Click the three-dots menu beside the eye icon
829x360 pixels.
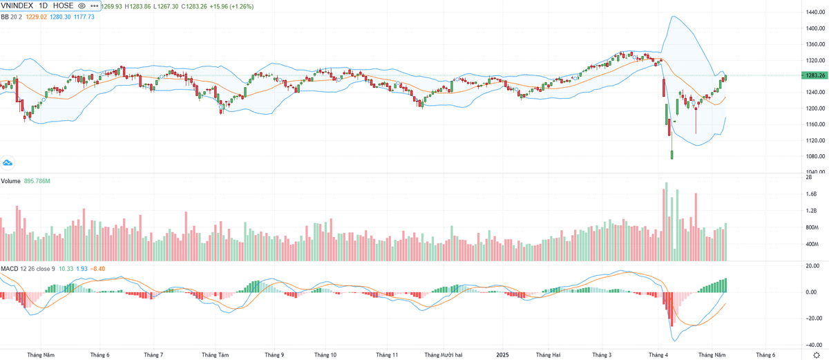[95, 6]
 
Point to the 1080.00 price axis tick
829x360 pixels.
[816, 156]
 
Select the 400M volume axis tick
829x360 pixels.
[811, 245]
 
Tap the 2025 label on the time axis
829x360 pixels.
[502, 355]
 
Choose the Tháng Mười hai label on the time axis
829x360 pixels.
[444, 355]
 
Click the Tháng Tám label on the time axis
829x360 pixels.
[215, 355]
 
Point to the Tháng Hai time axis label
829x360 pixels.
[548, 355]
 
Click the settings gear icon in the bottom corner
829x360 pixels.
[816, 354]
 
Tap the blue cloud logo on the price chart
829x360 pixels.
[8, 163]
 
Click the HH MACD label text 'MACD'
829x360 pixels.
[9, 268]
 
